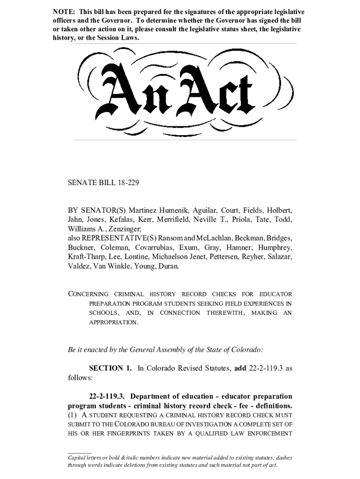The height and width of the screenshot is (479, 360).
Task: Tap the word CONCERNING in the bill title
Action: point(88,294)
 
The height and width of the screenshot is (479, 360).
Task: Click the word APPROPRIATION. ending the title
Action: point(114,322)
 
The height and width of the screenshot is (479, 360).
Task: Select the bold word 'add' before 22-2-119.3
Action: point(240,368)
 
